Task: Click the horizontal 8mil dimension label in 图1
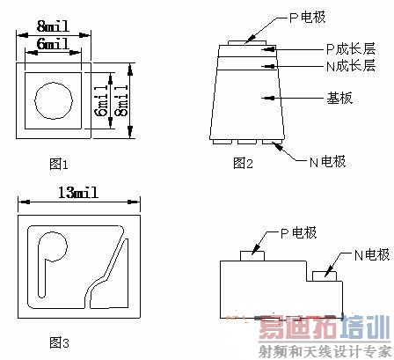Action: (x=53, y=26)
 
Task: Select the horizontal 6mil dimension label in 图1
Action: (x=53, y=44)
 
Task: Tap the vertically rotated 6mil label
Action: (x=103, y=100)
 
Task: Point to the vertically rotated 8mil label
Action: (x=123, y=100)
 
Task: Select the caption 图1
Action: (x=59, y=164)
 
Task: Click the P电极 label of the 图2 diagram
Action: (x=307, y=18)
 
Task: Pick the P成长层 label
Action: (x=351, y=48)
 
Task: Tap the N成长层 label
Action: (x=351, y=66)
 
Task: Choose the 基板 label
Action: (x=339, y=98)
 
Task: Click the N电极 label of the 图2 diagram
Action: (x=328, y=162)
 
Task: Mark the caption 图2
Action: (x=243, y=163)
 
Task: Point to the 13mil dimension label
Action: (x=78, y=193)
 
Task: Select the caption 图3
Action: (x=59, y=342)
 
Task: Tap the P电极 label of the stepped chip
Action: (x=299, y=233)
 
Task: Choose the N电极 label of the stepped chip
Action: (x=372, y=254)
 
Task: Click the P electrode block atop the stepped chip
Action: (x=252, y=256)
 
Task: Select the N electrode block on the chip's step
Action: (x=325, y=276)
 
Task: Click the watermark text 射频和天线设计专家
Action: (x=325, y=351)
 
